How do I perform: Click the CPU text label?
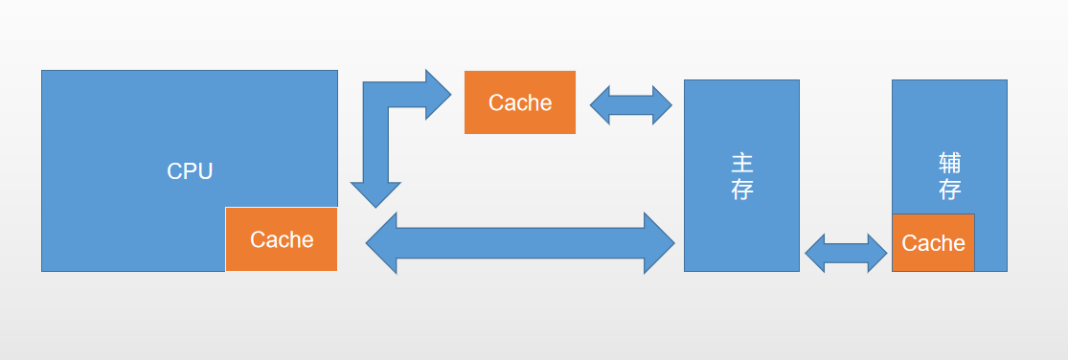tap(190, 171)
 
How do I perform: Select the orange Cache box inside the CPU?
tap(282, 239)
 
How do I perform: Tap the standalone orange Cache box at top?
tap(520, 102)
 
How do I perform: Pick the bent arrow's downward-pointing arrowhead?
tap(375, 193)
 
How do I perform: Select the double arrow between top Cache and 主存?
tap(631, 105)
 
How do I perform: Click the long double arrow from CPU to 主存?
tap(521, 243)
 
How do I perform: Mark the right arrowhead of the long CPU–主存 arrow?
tap(660, 243)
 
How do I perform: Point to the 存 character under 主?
tap(741, 190)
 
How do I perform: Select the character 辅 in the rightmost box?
tap(949, 162)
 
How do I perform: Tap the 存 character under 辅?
tap(949, 190)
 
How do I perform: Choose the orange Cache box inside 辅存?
tap(933, 243)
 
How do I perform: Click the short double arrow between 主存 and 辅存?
tap(846, 253)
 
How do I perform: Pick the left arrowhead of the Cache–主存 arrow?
tap(601, 105)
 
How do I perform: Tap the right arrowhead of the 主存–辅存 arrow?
tap(876, 253)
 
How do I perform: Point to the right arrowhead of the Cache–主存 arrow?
tap(662, 105)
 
